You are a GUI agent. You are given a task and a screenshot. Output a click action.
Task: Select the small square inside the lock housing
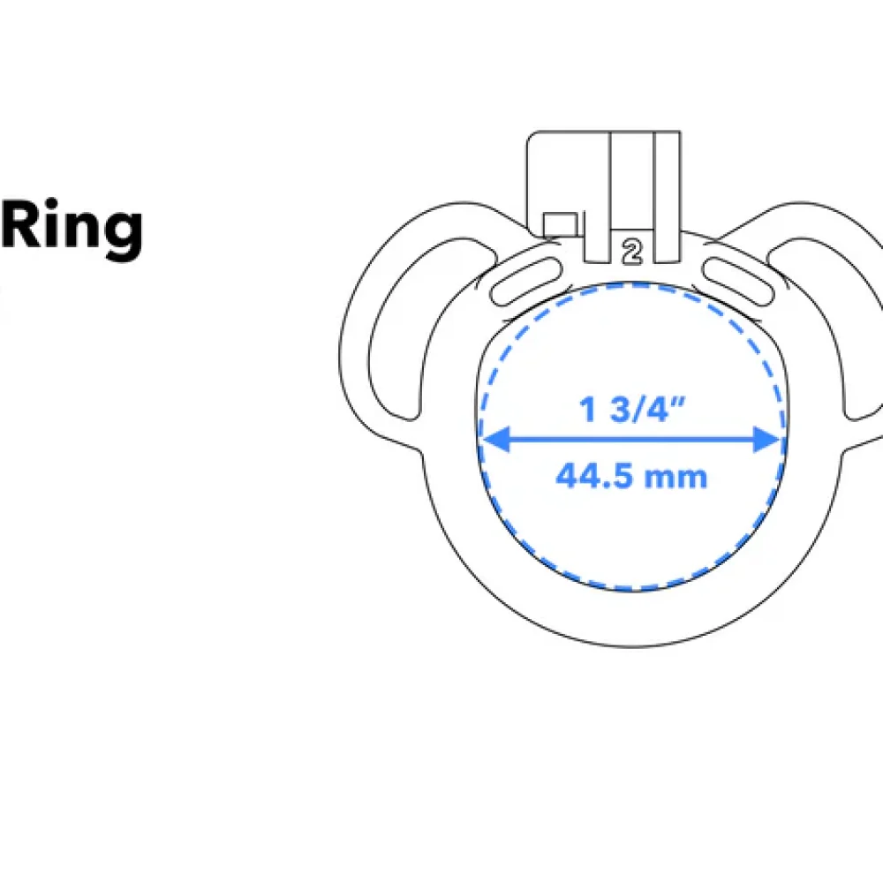coord(560,224)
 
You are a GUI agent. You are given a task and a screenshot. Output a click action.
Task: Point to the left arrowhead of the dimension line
coord(489,439)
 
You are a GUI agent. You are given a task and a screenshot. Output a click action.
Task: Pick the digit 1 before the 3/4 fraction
coord(585,409)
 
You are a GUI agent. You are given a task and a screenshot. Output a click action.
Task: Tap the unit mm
coord(678,479)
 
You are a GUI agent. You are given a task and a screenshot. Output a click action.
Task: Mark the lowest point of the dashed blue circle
coord(630,590)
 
